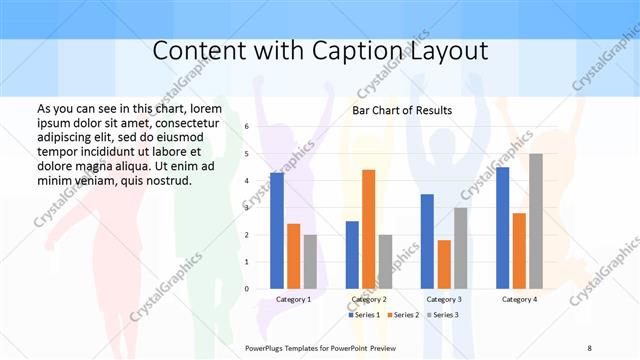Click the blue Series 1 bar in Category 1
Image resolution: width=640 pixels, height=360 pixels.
point(276,231)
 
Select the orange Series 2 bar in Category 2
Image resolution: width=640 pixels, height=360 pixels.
point(368,229)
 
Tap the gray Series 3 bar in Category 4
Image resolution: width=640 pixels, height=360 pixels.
point(536,221)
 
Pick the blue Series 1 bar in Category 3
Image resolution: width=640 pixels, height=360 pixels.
point(427,241)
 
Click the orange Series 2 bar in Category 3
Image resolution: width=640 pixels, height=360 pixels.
point(444,264)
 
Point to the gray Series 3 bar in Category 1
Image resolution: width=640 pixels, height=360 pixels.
point(310,262)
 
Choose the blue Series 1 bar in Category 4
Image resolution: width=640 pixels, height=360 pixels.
point(502,228)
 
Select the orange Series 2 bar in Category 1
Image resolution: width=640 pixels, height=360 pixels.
point(293,256)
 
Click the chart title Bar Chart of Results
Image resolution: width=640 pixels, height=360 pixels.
point(401,110)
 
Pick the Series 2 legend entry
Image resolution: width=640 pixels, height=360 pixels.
point(402,315)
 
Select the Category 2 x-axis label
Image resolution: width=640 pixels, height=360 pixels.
point(368,299)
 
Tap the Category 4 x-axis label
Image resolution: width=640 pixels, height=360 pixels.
point(519,299)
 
